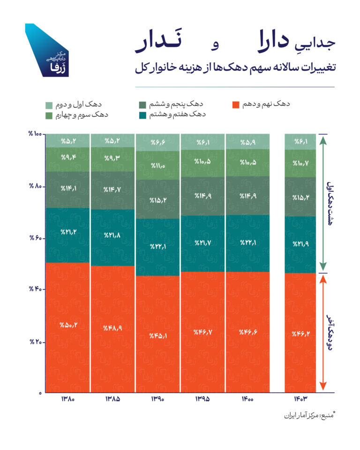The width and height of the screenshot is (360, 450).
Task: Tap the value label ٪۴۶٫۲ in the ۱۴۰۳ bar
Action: [x=300, y=334]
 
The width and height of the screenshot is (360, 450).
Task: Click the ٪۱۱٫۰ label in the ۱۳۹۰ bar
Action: [x=158, y=165]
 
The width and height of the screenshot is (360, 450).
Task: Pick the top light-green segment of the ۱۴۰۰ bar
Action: [x=248, y=142]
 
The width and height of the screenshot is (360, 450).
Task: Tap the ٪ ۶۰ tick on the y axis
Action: [x=35, y=239]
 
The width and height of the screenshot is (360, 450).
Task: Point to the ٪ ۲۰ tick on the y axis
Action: [x=35, y=342]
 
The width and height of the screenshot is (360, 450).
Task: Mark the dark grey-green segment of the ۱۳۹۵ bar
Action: [x=202, y=196]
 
